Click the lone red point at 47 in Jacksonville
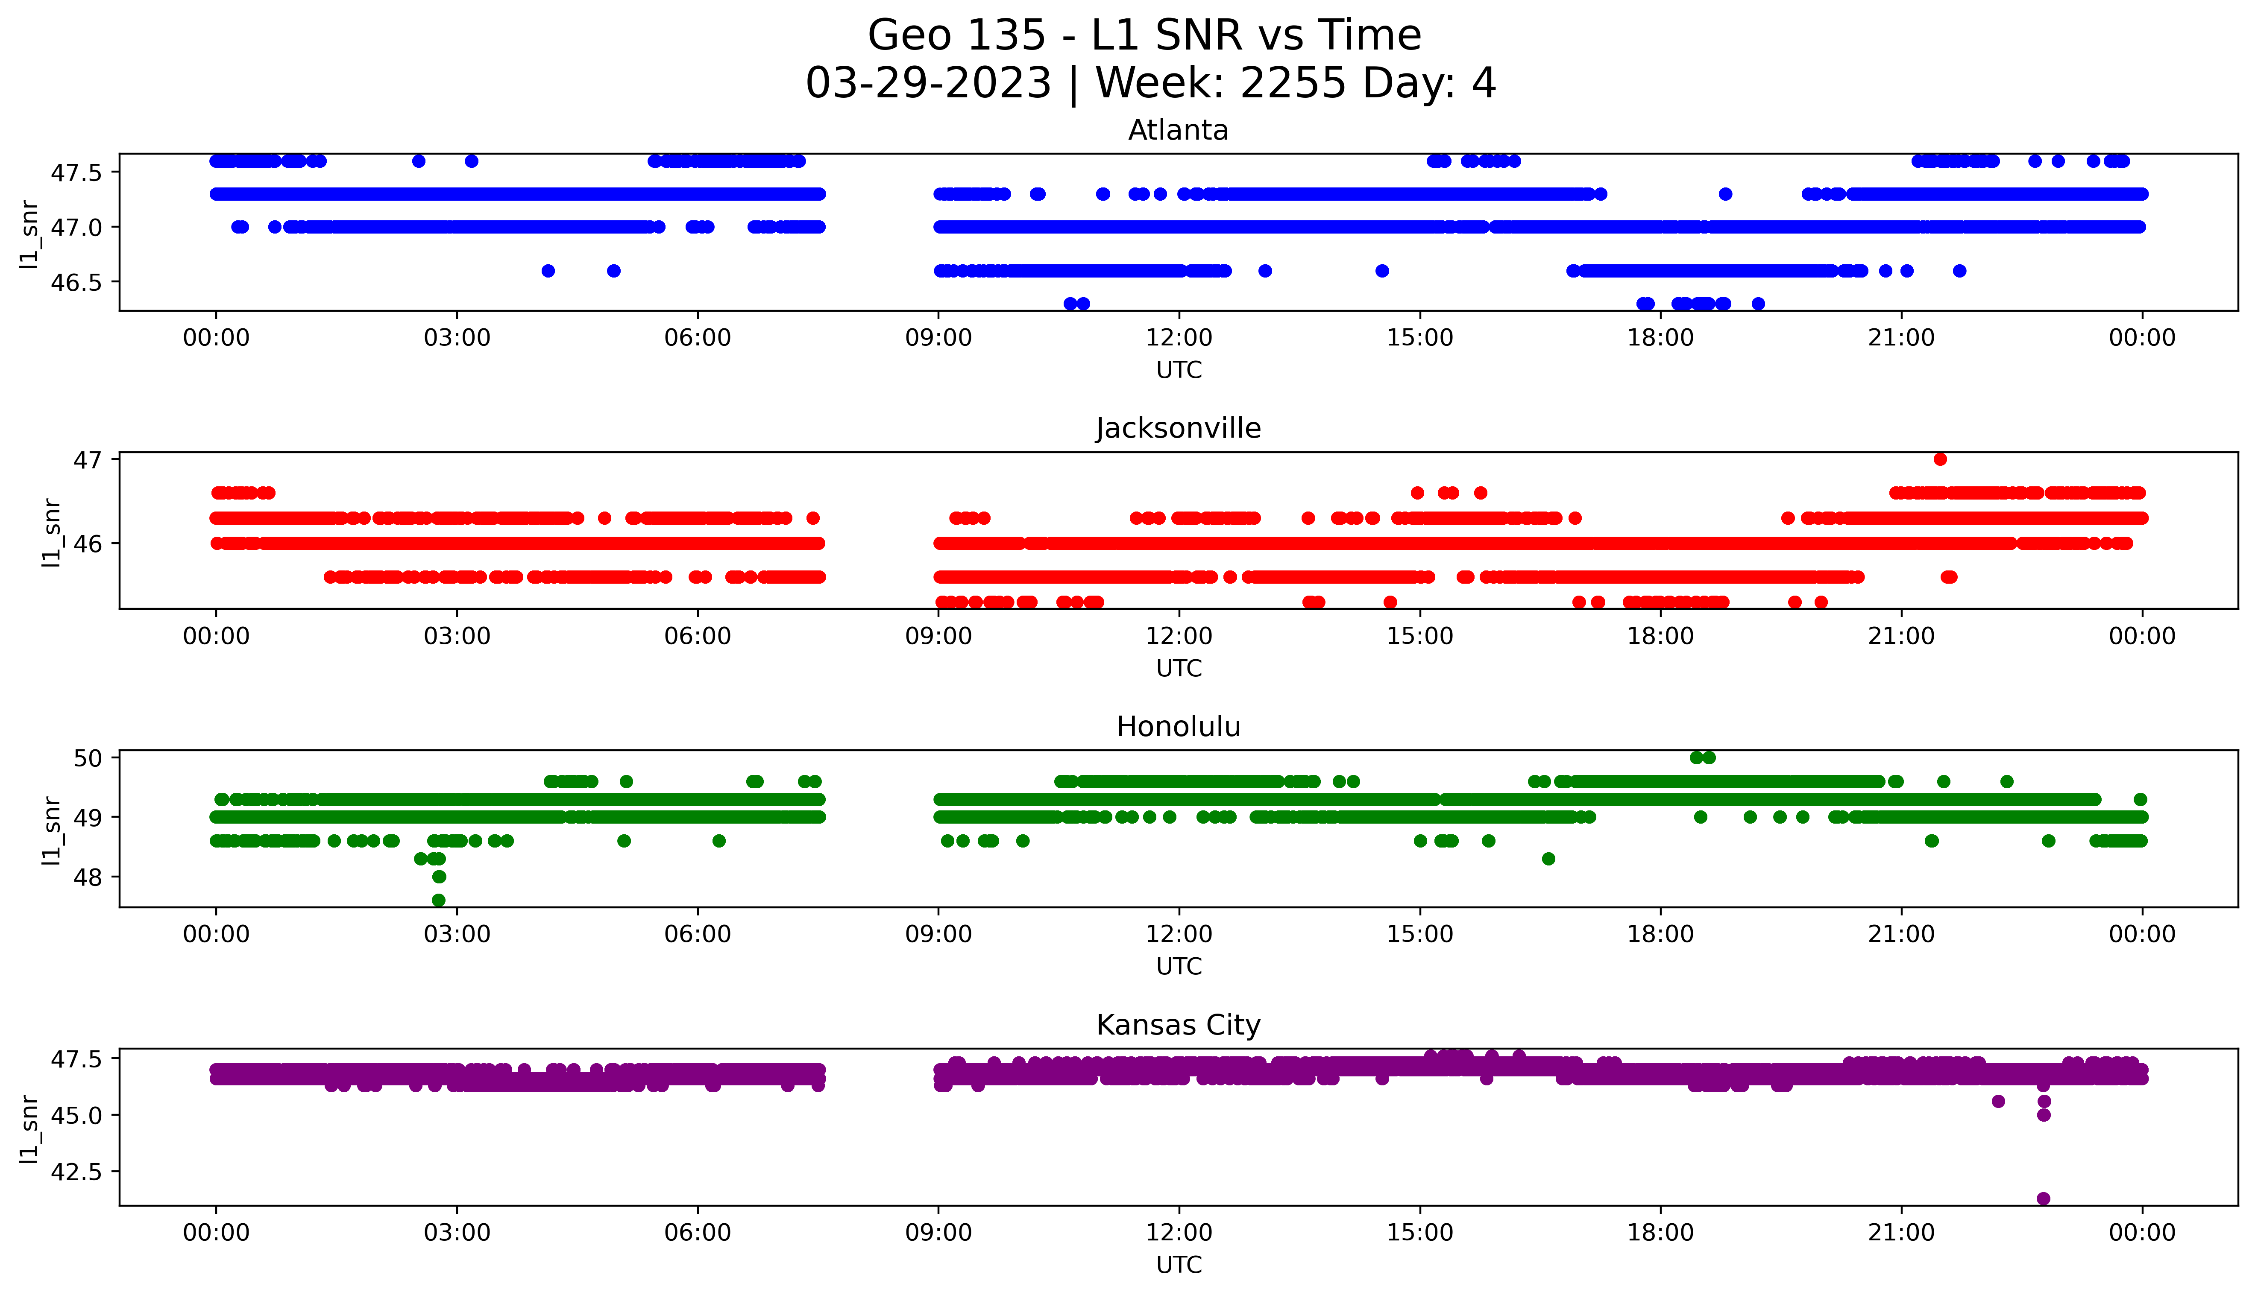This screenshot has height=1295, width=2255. (1940, 459)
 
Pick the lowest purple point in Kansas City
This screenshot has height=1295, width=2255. (2043, 1198)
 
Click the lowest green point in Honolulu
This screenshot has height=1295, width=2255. (439, 900)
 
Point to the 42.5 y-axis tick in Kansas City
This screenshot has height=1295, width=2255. (77, 1171)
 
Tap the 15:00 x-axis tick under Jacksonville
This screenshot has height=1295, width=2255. (1420, 636)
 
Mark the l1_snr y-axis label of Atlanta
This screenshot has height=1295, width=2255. (29, 233)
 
